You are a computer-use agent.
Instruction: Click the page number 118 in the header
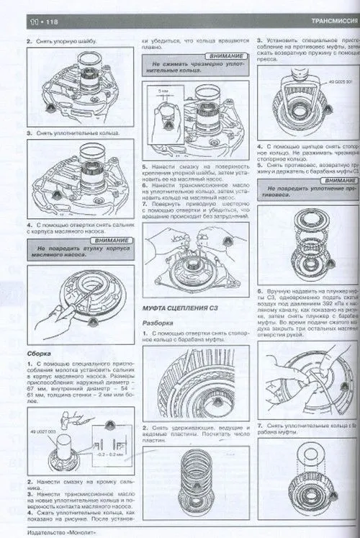tap(33, 23)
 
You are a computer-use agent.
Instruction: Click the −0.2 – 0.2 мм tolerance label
tap(105, 455)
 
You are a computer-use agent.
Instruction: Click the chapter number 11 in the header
tap(12, 23)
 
